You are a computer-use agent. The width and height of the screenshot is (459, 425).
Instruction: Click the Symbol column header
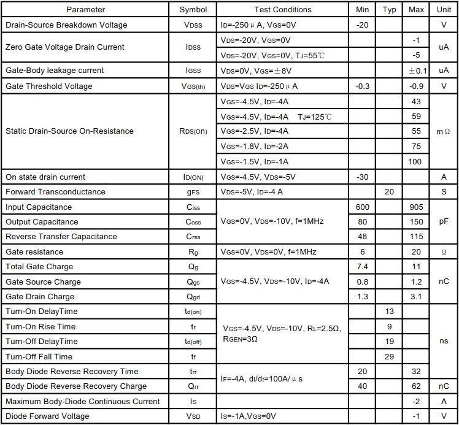193,10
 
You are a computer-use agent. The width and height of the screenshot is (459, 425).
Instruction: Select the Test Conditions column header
283,10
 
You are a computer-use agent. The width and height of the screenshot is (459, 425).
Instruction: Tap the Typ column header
389,10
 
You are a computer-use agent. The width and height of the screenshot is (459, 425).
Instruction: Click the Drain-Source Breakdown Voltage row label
66,25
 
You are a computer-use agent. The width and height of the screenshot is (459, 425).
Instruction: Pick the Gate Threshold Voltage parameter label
49,86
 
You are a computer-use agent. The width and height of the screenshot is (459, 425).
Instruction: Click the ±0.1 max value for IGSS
417,71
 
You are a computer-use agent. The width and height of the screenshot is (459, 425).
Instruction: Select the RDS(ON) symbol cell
193,131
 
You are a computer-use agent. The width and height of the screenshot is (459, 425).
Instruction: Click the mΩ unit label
443,131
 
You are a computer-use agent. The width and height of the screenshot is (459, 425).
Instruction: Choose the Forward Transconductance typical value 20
389,192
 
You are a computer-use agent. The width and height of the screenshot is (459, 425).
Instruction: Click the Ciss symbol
193,207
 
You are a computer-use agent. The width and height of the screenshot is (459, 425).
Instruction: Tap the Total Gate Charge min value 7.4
362,267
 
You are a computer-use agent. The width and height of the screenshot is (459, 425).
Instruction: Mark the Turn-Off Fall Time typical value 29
389,356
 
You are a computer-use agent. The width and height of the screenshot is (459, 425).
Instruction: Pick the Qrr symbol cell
193,386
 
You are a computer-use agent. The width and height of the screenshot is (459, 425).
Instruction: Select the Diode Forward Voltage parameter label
48,416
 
